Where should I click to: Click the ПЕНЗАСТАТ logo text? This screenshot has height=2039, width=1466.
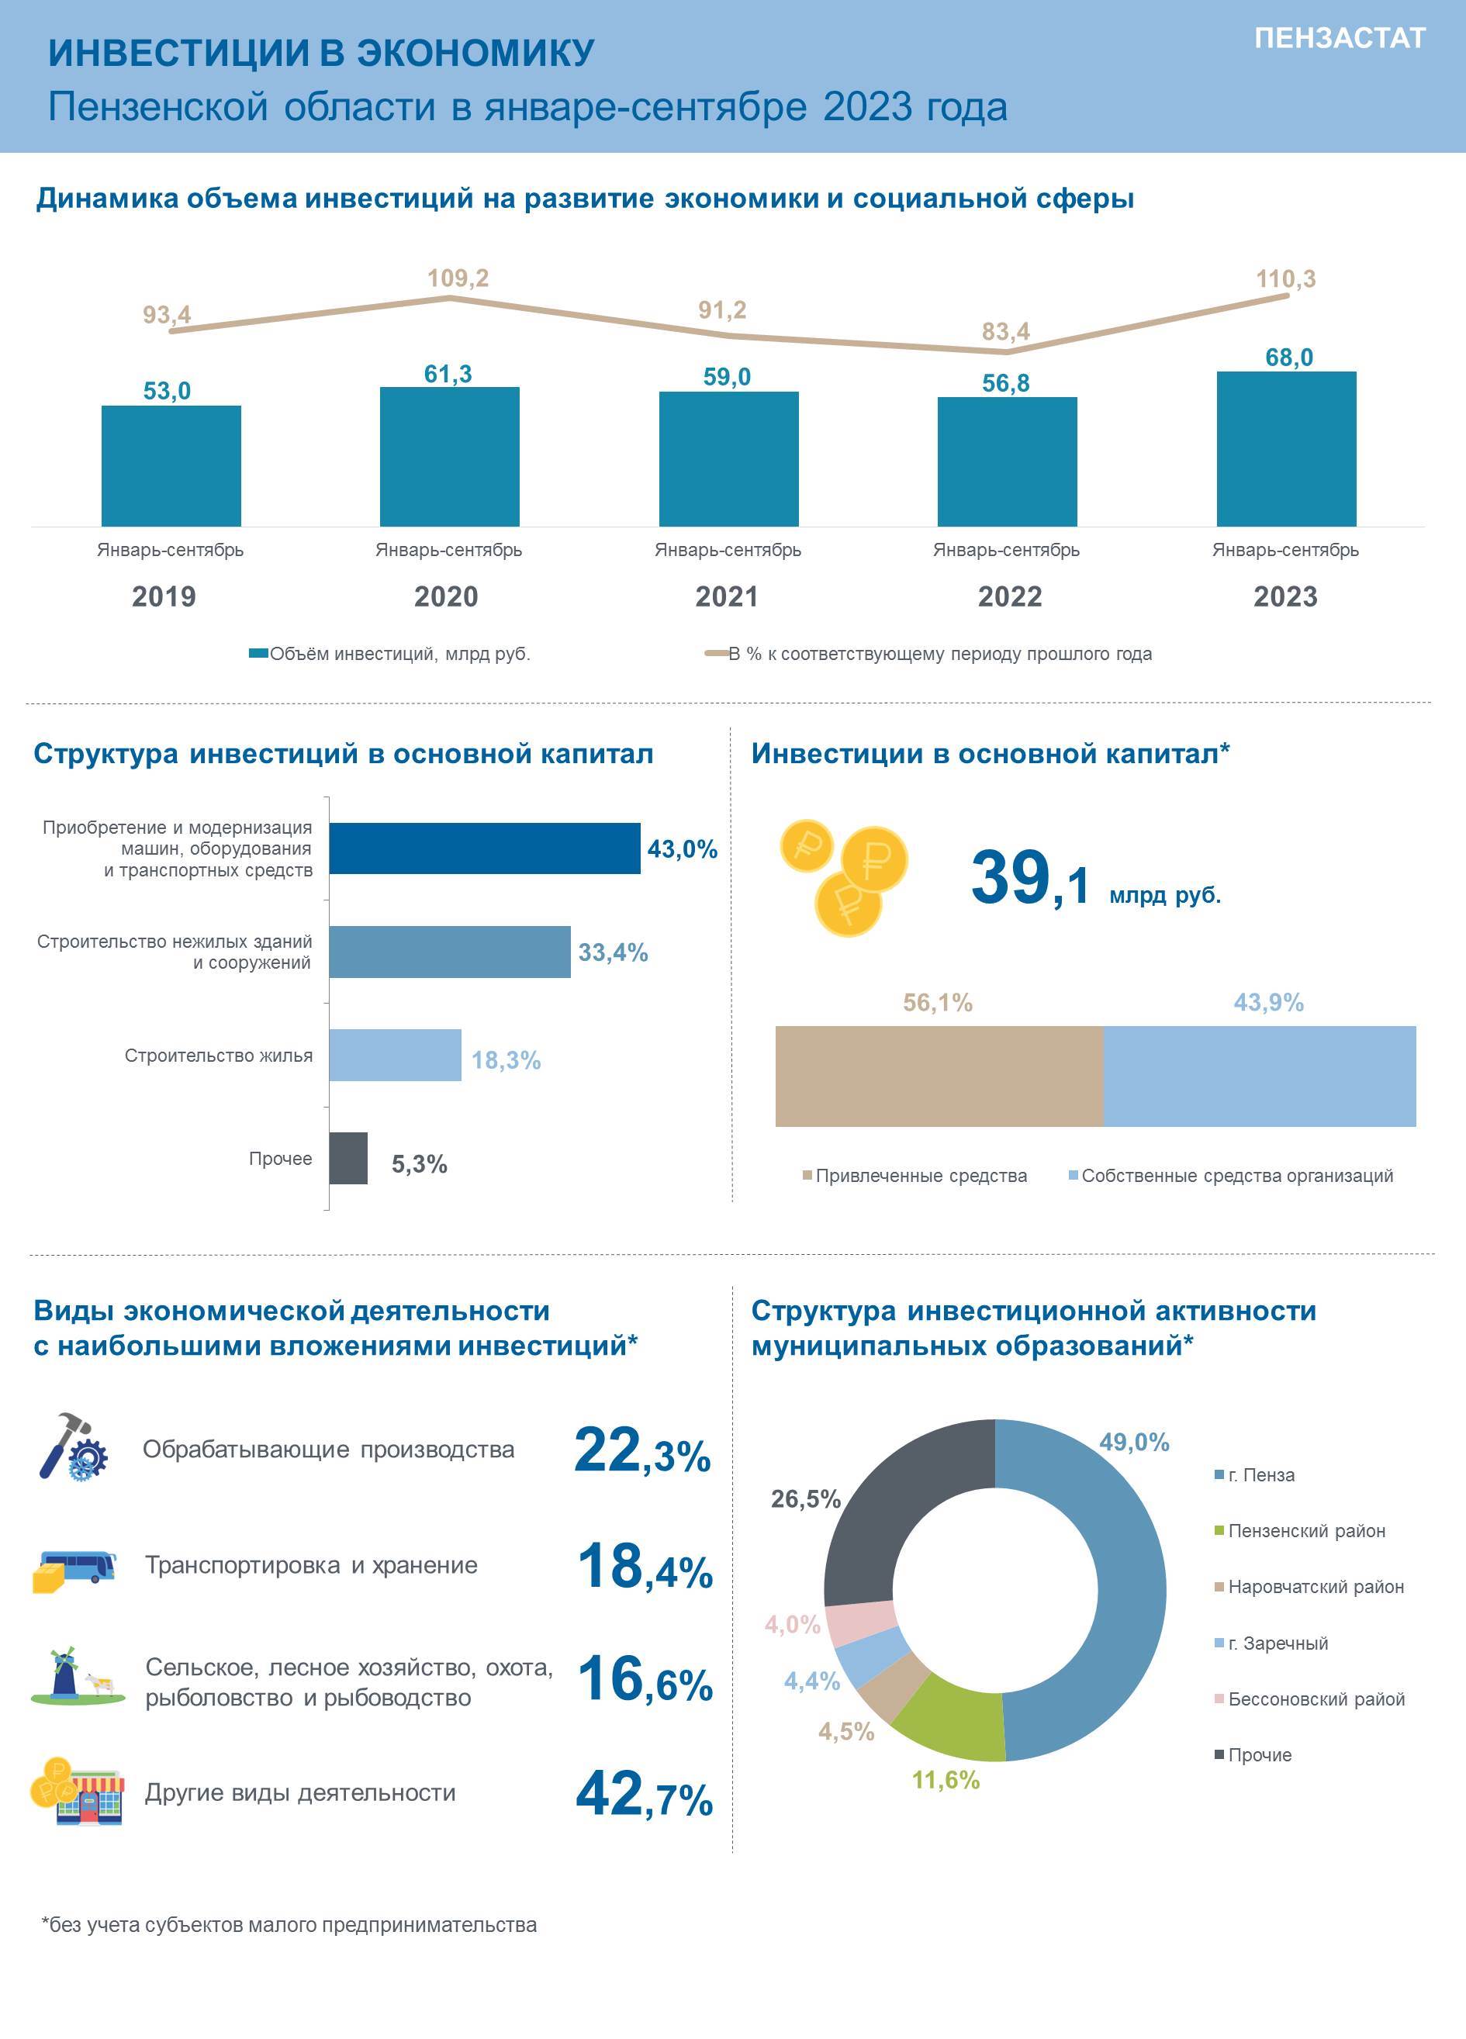click(x=1340, y=38)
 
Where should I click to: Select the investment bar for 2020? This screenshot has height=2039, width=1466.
click(x=450, y=457)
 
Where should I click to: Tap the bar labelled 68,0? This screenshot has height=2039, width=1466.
click(x=1286, y=448)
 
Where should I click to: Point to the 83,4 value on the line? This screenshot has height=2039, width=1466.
click(x=1005, y=332)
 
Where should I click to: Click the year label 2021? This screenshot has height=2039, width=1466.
click(x=727, y=596)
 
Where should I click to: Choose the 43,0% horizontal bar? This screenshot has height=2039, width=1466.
click(x=485, y=848)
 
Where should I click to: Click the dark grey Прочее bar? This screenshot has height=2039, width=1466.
click(x=348, y=1158)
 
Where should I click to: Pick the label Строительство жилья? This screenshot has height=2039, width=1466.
click(x=219, y=1056)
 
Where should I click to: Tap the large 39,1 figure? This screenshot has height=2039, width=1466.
click(x=1031, y=877)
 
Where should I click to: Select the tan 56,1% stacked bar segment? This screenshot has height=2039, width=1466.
click(x=939, y=1077)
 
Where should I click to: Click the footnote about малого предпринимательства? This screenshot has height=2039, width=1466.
click(x=289, y=1925)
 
